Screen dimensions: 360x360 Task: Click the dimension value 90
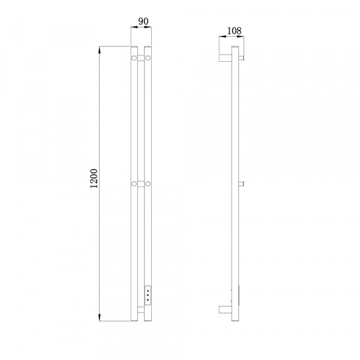click(143, 22)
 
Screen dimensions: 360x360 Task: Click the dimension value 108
click(234, 31)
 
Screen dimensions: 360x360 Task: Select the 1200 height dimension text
click(94, 179)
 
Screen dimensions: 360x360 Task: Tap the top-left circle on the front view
click(134, 58)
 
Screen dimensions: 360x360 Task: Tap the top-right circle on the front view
click(148, 58)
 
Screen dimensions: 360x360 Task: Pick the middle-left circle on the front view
click(134, 184)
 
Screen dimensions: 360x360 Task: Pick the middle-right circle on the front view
click(148, 184)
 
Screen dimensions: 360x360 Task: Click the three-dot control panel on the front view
click(148, 295)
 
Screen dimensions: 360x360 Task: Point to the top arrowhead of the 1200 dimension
click(100, 50)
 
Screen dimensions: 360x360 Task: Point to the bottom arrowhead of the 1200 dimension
click(100, 317)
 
